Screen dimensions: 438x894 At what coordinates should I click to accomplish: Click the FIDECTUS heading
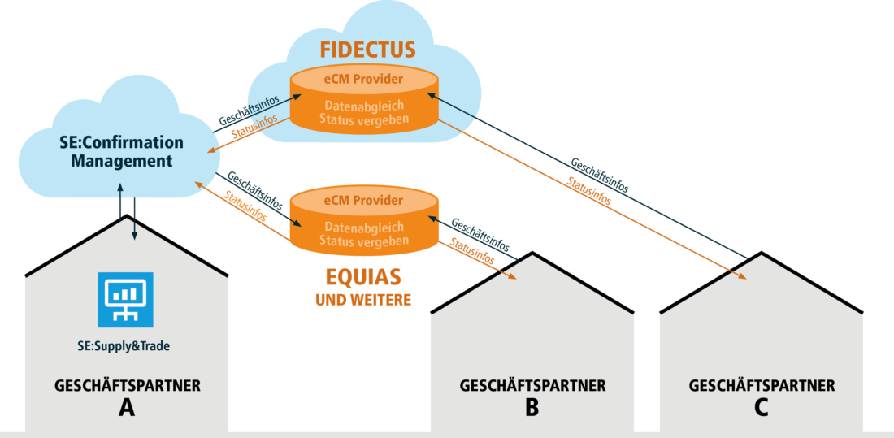367,50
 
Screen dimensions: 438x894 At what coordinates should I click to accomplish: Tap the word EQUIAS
363,277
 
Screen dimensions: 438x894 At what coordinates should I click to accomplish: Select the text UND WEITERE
363,301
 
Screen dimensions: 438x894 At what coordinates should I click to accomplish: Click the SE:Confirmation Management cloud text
122,152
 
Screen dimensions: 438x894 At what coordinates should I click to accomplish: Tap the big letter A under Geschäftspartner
127,407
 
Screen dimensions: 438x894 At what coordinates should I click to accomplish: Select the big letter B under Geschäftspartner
532,407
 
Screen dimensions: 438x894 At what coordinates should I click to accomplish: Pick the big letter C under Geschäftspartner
762,407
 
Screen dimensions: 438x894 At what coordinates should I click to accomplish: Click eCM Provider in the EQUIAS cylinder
363,200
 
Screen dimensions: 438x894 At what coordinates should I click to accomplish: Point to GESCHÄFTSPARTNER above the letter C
762,385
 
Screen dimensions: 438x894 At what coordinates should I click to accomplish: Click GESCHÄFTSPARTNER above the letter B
532,385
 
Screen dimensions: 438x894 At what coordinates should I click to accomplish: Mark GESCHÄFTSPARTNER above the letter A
127,385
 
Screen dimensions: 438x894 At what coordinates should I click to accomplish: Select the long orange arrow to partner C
593,199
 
